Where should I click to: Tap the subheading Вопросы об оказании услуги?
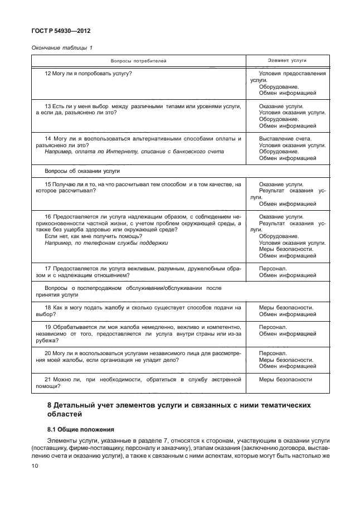coord(82,171)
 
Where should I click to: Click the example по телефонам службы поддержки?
coord(106,243)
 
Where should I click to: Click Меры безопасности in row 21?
coord(286,380)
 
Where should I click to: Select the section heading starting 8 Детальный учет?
coord(178,409)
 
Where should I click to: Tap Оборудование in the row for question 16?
coord(279,236)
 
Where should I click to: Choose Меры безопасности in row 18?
coord(286,307)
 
